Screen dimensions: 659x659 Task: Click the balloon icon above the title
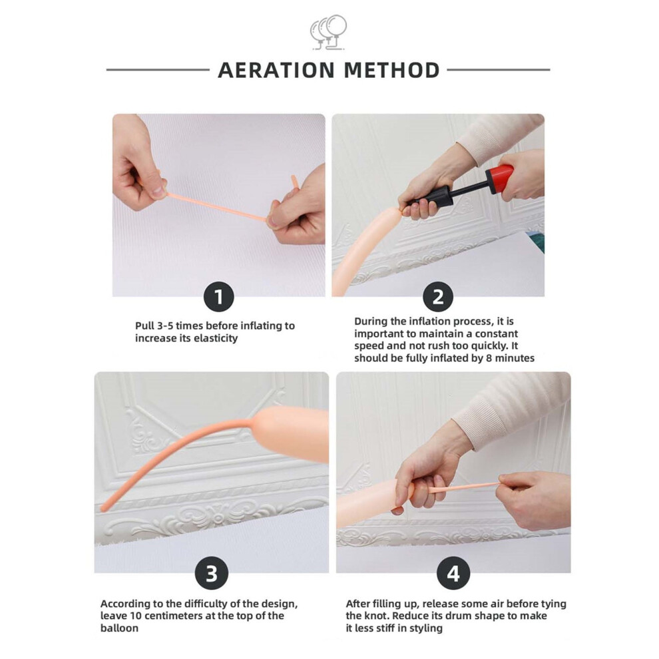pyautogui.click(x=329, y=33)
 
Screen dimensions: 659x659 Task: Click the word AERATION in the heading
pyautogui.click(x=276, y=70)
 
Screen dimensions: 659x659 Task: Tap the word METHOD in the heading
pyautogui.click(x=391, y=70)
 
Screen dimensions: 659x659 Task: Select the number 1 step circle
pyautogui.click(x=218, y=297)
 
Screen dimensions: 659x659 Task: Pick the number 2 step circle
pyautogui.click(x=438, y=297)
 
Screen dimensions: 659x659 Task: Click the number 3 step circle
pyautogui.click(x=212, y=573)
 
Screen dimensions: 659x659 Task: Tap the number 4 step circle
pyautogui.click(x=453, y=573)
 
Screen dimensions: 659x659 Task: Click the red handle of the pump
pyautogui.click(x=500, y=180)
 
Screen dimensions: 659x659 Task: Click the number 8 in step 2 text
pyautogui.click(x=489, y=359)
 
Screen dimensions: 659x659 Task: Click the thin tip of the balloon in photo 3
pyautogui.click(x=103, y=509)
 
